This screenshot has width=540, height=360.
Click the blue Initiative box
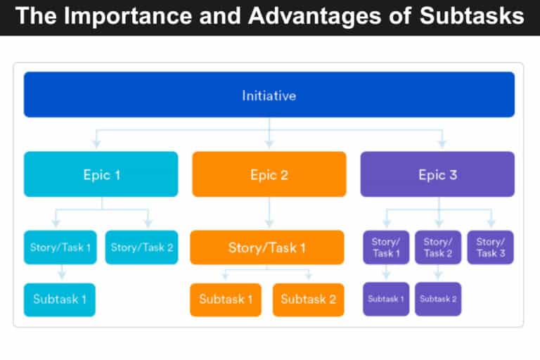click(x=269, y=94)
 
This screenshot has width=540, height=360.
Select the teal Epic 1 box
click(x=101, y=174)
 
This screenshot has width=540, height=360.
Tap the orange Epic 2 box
click(x=269, y=174)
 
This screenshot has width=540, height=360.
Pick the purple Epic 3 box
click(x=437, y=174)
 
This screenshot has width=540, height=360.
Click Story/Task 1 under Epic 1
click(x=60, y=247)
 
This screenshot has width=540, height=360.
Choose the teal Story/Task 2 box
click(x=141, y=247)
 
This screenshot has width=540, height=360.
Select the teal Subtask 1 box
click(x=60, y=300)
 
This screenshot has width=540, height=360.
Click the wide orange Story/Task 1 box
click(x=267, y=247)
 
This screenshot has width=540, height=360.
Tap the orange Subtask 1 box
click(x=226, y=300)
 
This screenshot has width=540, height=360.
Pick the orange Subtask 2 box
click(x=308, y=300)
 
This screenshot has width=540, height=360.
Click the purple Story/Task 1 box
click(x=386, y=247)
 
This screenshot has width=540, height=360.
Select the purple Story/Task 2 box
click(x=438, y=247)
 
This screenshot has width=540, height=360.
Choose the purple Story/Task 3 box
click(x=490, y=247)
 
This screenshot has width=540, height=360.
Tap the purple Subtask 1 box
click(x=386, y=300)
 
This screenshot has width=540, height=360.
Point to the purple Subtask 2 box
click(x=438, y=300)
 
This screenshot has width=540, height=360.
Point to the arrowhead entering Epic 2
click(x=269, y=145)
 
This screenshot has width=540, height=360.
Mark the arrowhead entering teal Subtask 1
click(x=62, y=276)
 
